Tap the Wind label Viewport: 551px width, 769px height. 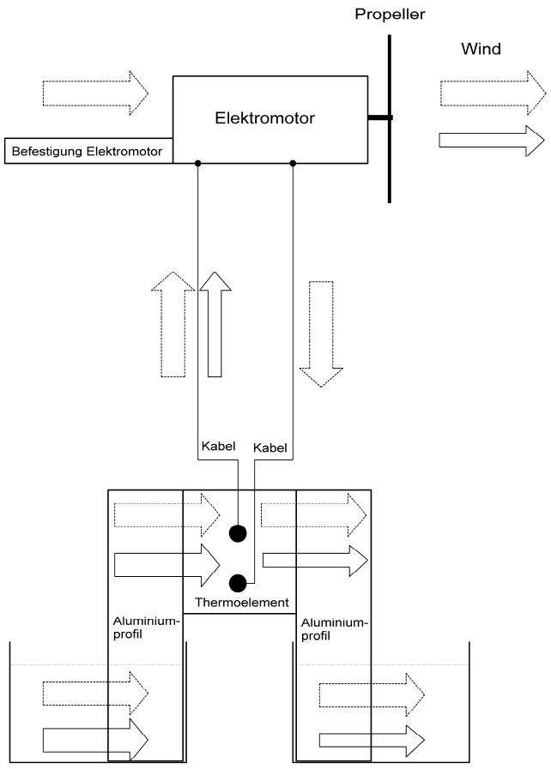pos(481,49)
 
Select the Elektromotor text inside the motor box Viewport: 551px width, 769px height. pos(264,118)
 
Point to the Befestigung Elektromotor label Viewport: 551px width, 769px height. pos(88,153)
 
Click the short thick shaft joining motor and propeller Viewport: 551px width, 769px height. pos(378,117)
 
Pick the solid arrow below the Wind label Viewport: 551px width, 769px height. pos(492,140)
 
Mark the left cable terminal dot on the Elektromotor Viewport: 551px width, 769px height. pos(198,163)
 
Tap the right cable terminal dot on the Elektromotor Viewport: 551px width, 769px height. pos(294,163)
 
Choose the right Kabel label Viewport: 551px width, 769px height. pos(270,448)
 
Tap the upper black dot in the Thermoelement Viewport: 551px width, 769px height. pos(237,533)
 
